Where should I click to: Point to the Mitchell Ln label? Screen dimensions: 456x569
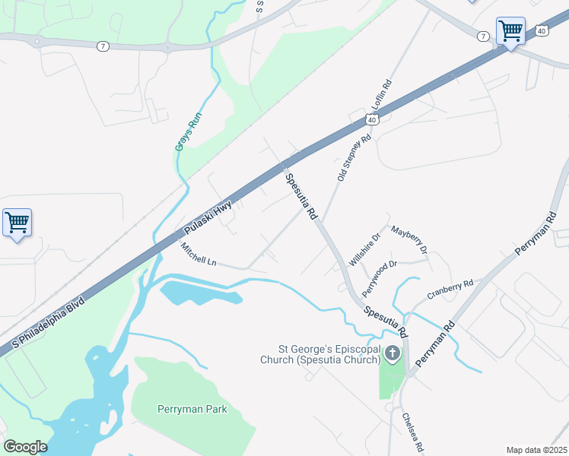(199, 255)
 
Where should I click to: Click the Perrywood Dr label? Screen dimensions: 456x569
(380, 278)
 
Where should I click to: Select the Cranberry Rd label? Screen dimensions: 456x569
(450, 289)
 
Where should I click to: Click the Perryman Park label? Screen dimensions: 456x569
(192, 410)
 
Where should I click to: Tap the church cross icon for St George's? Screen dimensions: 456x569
(393, 353)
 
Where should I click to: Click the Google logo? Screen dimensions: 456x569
(25, 447)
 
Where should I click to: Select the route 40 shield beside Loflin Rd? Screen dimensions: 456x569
(371, 119)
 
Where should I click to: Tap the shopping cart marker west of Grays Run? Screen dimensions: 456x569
(17, 223)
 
